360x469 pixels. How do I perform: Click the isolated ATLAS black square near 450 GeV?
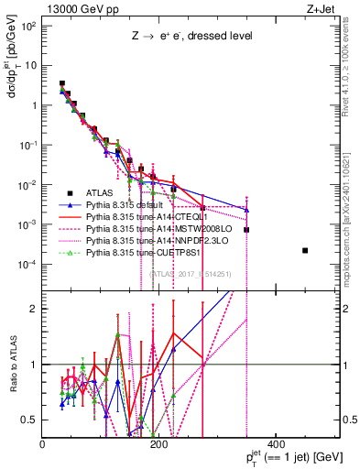click(305, 250)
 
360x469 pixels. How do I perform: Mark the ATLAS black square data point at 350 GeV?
click(246, 229)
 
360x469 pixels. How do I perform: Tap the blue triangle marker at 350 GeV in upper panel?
click(246, 210)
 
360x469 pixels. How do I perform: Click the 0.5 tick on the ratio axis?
click(33, 420)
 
